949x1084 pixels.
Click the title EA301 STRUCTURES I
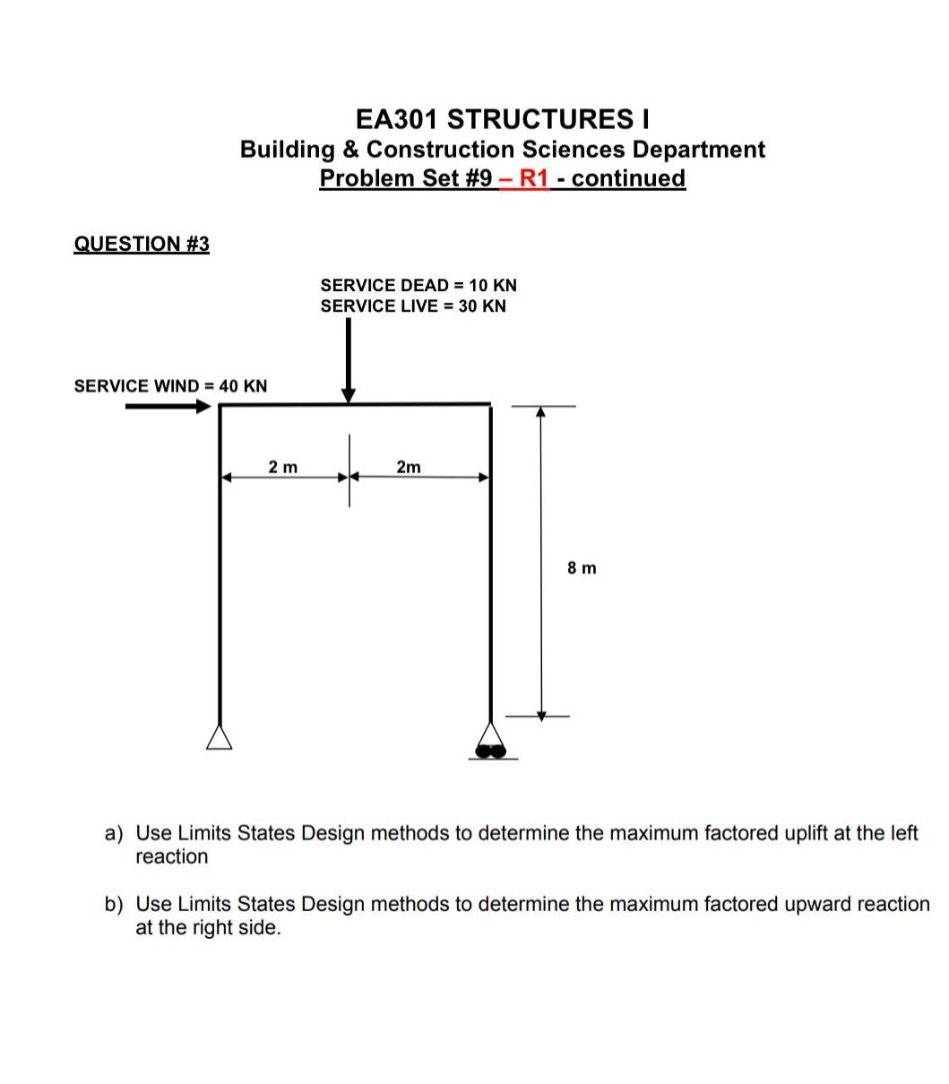tap(502, 119)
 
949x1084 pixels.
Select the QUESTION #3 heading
tap(142, 244)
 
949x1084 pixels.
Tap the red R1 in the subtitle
tap(532, 178)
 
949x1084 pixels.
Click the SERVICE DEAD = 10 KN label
tap(418, 285)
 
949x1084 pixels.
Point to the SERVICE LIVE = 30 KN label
tap(413, 306)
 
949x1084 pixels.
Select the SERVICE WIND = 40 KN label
tap(170, 386)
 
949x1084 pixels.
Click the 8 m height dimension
tap(582, 568)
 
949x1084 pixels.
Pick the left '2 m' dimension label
tap(283, 467)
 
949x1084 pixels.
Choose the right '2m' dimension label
tap(408, 467)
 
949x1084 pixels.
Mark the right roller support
tap(491, 744)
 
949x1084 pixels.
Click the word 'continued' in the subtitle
tap(628, 178)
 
